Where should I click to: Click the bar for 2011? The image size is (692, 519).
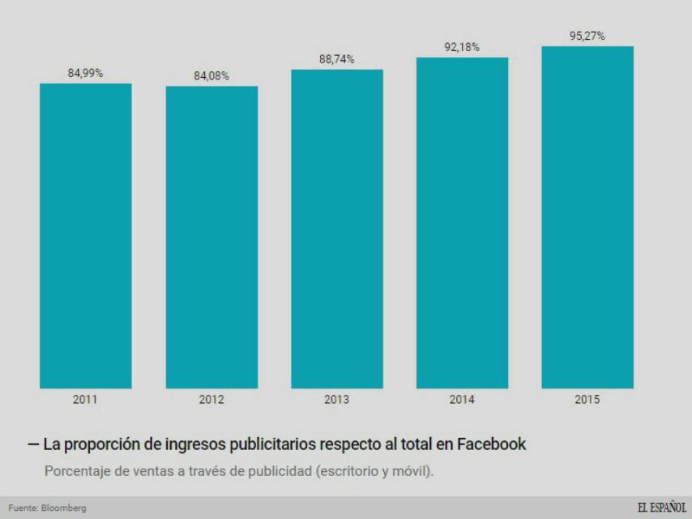pos(86,235)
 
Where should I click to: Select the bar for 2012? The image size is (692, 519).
pos(211,237)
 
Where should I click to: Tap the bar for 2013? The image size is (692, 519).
pos(337,229)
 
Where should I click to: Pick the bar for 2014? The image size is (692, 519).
pos(462,223)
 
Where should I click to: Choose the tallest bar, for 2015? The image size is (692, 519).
pos(587,217)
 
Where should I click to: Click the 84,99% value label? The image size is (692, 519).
pos(85,74)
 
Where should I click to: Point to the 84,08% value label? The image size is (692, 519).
pos(211,76)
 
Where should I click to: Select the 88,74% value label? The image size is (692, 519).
pos(336,60)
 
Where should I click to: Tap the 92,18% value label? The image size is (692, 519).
pos(462,48)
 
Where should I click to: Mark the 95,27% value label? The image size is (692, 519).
pos(587,36)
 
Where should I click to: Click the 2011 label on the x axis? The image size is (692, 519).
pos(86,400)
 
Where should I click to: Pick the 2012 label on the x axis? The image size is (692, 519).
pos(211,400)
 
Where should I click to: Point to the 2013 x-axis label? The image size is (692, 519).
pos(337,400)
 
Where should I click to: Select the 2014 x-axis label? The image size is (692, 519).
pos(462,400)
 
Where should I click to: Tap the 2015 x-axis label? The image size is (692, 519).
pos(587,400)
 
